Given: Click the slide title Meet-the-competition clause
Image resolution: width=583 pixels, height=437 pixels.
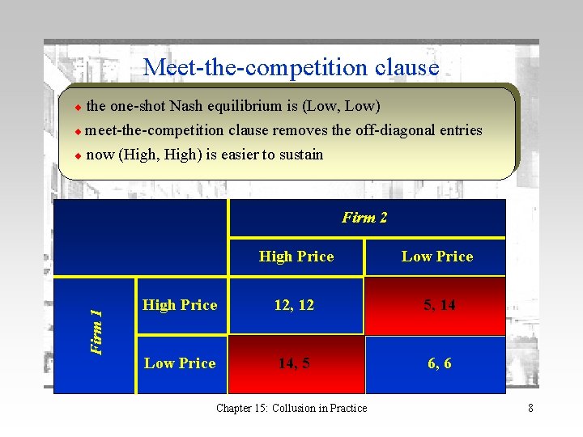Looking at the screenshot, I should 291,66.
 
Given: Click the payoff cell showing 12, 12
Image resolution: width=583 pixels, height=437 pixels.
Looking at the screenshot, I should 295,305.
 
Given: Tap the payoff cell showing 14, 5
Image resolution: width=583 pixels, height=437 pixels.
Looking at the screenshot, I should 294,363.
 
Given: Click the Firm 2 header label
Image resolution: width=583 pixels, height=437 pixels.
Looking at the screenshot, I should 364,218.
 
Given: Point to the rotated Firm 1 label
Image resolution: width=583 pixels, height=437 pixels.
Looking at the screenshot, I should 96,332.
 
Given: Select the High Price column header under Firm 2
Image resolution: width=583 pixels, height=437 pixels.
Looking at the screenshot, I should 296,257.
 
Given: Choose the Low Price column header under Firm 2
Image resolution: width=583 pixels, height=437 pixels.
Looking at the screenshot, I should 437,257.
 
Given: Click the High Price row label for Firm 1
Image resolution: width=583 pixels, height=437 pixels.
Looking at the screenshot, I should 180,305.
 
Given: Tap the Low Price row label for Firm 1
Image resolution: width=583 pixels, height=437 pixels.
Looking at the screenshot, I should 180,363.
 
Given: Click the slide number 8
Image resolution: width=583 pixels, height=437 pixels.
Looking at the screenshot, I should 530,408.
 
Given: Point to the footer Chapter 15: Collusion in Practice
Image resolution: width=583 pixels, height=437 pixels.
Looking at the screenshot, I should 291,408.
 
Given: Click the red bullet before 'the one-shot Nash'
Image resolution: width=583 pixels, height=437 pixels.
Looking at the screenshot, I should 78,107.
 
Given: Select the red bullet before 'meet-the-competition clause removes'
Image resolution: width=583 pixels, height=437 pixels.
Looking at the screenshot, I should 78,131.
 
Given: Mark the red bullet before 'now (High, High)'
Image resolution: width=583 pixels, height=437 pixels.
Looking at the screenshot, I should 78,155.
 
